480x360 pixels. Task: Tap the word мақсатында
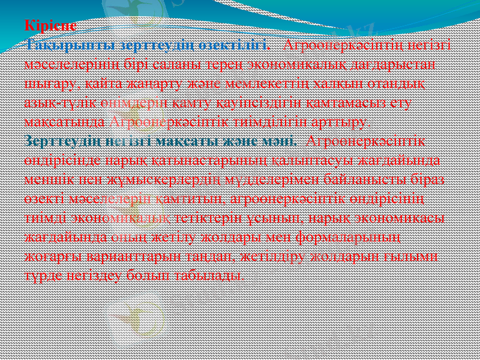tap(67, 121)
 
